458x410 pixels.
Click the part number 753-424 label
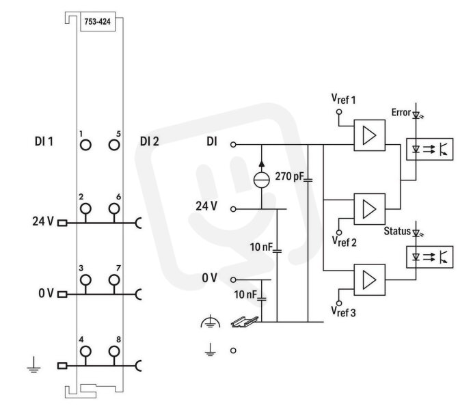97,21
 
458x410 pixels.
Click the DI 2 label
150,141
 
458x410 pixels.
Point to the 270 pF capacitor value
289,177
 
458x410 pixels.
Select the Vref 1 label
343,99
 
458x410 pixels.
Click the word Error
401,113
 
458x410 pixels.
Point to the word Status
397,231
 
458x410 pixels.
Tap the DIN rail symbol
245,321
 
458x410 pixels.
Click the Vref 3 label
343,312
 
